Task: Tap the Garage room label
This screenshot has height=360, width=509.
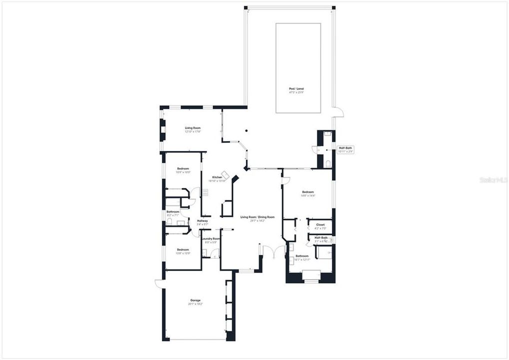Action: tap(195, 300)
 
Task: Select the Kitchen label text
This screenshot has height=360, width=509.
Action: tap(217, 177)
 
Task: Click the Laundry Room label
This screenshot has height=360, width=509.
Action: tap(210, 239)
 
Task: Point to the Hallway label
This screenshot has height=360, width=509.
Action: tap(202, 221)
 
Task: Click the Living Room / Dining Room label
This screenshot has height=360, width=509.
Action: tap(257, 217)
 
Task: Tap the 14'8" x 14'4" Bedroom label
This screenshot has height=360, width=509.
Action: tap(307, 192)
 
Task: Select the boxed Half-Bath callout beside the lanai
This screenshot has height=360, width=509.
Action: tap(345, 148)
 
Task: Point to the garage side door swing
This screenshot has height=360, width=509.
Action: tap(158, 283)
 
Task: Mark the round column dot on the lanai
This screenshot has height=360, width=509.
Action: tap(246, 131)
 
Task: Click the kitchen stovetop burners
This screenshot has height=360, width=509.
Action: tap(205, 191)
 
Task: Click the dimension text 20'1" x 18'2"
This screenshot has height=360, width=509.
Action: tap(195, 304)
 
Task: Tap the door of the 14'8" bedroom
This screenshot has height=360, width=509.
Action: tap(286, 180)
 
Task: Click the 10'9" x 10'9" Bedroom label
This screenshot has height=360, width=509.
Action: tap(183, 169)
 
